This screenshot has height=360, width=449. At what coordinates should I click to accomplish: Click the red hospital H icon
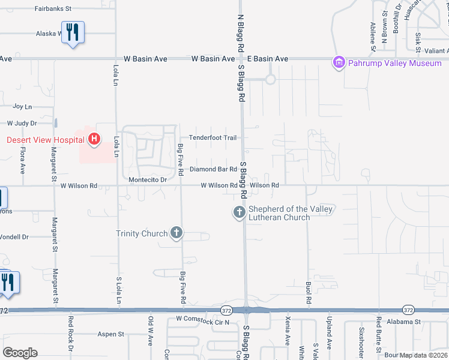(x=94, y=140)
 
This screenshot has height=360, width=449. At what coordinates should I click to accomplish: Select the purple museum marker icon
(x=339, y=62)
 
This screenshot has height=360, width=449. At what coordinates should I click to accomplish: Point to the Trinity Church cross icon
(x=176, y=233)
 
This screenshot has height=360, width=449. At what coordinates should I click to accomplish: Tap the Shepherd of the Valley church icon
(x=239, y=212)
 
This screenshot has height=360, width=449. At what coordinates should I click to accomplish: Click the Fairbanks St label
(x=53, y=9)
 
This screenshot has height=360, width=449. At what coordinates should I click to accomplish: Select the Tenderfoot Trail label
(x=213, y=137)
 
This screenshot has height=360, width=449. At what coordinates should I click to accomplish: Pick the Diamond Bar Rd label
(x=213, y=169)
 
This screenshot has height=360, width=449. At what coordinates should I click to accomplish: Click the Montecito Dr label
(x=147, y=179)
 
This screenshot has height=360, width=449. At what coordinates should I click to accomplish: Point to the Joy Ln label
(x=22, y=106)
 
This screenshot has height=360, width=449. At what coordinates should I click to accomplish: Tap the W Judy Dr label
(x=22, y=123)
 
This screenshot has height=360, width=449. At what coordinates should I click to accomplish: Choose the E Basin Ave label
(x=268, y=59)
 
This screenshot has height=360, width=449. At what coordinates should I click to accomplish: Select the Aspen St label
(x=110, y=334)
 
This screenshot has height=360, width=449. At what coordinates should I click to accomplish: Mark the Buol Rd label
(x=309, y=290)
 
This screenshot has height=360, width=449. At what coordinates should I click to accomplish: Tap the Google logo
(x=20, y=353)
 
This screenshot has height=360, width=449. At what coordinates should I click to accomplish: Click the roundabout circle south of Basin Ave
(x=270, y=79)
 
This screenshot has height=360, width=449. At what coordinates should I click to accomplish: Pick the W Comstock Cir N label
(x=203, y=322)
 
